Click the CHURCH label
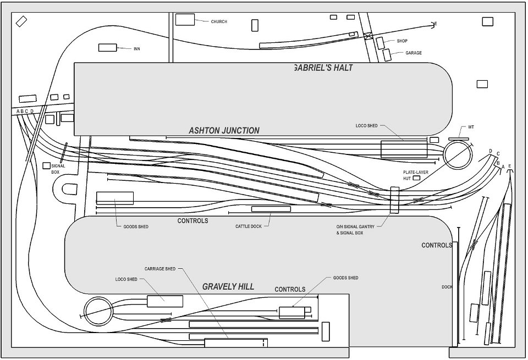point(219,21)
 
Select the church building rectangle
point(185,20)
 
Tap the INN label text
point(137,49)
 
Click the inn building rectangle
point(108,47)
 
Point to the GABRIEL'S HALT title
point(323,68)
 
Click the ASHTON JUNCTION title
point(224,131)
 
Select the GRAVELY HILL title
point(228,287)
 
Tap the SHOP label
point(402,41)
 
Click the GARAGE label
point(414,53)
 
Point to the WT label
point(471,127)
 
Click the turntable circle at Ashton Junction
point(458,154)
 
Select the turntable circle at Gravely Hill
point(98,311)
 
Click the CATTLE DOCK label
point(248,226)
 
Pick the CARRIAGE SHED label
point(160,269)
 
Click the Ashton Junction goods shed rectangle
point(115,198)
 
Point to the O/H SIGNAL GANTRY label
point(355,227)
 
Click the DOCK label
point(447,287)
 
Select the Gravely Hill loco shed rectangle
point(165,301)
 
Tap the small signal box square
point(46,165)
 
